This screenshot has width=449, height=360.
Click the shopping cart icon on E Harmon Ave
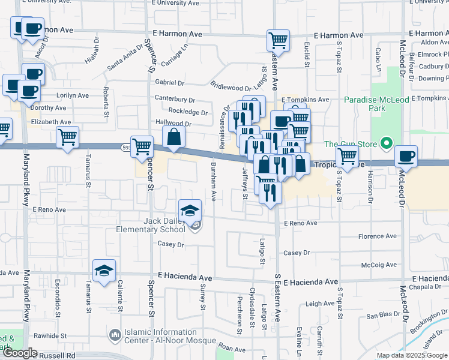[x=278, y=41]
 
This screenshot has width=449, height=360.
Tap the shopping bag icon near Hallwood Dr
[x=173, y=136]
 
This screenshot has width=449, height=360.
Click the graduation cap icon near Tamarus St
[x=104, y=270]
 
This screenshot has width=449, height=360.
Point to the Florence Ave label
[x=378, y=236]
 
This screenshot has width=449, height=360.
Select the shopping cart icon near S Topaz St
[x=347, y=156]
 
